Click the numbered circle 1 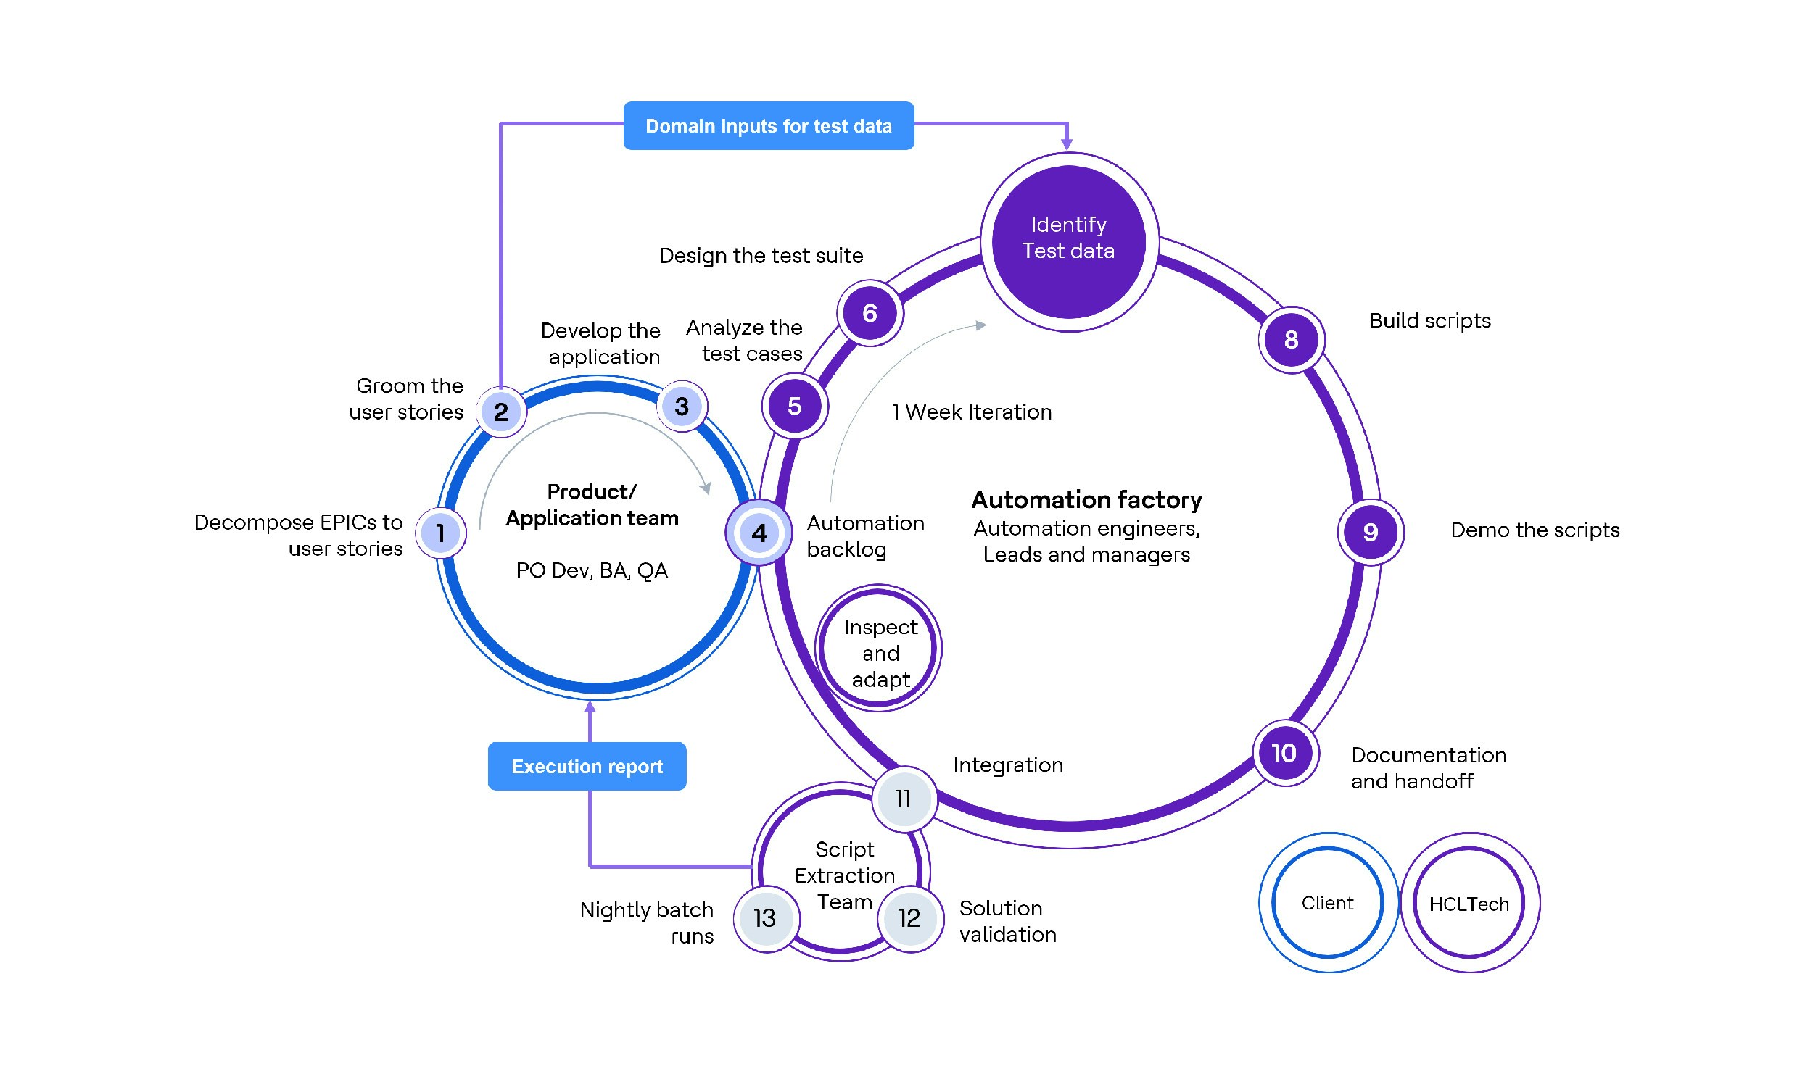click(x=440, y=533)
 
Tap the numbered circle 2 click(x=501, y=412)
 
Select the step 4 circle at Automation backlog click(x=759, y=533)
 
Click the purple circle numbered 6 click(x=870, y=314)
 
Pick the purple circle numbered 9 click(x=1370, y=532)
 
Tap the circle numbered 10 click(x=1284, y=752)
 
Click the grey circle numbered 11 click(x=904, y=799)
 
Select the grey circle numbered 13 click(x=765, y=918)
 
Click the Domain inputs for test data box click(x=768, y=126)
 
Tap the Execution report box click(x=586, y=766)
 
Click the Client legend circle click(x=1327, y=902)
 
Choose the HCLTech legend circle click(x=1469, y=903)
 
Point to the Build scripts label click(x=1430, y=321)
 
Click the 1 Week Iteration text click(x=972, y=412)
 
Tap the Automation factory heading click(x=1086, y=499)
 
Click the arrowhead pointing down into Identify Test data click(x=1067, y=145)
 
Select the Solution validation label click(x=1007, y=921)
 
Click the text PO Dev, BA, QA click(x=591, y=570)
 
